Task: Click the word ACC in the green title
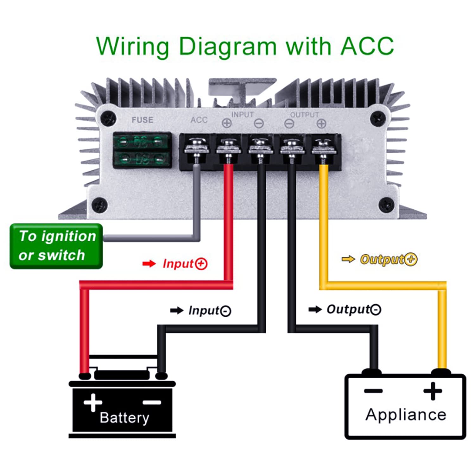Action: click(367, 47)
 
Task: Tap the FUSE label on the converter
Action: click(142, 120)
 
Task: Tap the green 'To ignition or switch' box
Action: click(56, 246)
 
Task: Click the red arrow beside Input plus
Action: click(149, 263)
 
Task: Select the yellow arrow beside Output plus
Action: click(348, 259)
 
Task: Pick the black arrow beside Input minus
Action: click(177, 310)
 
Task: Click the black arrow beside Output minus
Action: click(315, 309)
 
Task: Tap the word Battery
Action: click(124, 418)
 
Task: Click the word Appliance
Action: click(406, 415)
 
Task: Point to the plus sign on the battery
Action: click(93, 403)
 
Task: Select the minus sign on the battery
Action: click(152, 403)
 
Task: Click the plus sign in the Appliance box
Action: click(433, 391)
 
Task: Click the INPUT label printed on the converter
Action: click(243, 115)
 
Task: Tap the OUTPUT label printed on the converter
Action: click(304, 115)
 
